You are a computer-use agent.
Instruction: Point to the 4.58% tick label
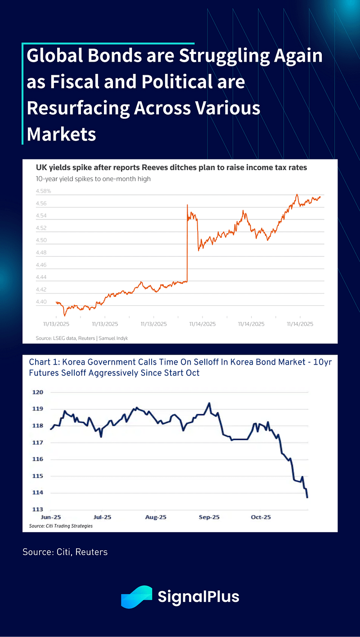click(x=44, y=191)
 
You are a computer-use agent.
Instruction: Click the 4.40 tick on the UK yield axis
click(x=41, y=302)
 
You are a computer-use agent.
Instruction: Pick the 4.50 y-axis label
click(x=41, y=240)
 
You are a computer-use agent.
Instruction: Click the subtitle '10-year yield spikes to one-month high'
click(x=93, y=179)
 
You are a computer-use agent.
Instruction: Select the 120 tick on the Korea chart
click(x=38, y=392)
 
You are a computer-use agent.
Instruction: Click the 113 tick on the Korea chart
click(x=38, y=510)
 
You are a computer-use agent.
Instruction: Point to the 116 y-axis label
click(x=38, y=459)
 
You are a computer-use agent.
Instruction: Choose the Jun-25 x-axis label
click(x=50, y=517)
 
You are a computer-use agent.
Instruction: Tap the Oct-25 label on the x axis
click(x=261, y=517)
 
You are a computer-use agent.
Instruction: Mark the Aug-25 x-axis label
click(x=155, y=517)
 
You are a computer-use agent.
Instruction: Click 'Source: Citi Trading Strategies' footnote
click(x=61, y=525)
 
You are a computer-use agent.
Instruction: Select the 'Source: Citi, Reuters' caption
click(x=65, y=551)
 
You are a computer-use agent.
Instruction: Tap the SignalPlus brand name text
click(x=198, y=597)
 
